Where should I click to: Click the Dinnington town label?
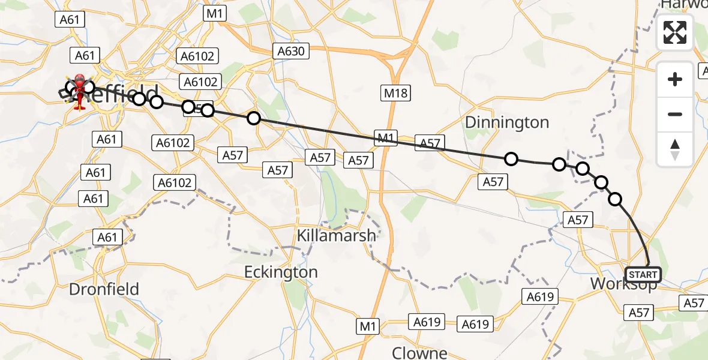point(507,122)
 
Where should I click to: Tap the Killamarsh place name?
point(337,235)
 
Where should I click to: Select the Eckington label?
point(281,272)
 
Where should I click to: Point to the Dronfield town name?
point(104,289)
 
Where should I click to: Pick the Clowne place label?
point(420,352)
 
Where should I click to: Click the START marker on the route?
point(643,275)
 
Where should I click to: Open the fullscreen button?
point(675,32)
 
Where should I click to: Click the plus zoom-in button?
point(675,79)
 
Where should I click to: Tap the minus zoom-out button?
point(675,114)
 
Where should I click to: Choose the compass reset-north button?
point(675,149)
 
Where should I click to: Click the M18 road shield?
point(396,93)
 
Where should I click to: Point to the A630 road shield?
point(291,52)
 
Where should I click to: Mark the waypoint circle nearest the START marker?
point(615,199)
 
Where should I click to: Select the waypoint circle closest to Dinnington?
point(511,159)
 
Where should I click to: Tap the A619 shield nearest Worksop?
point(540,296)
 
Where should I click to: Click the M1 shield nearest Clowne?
point(368,326)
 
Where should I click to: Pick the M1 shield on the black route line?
point(385,137)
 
